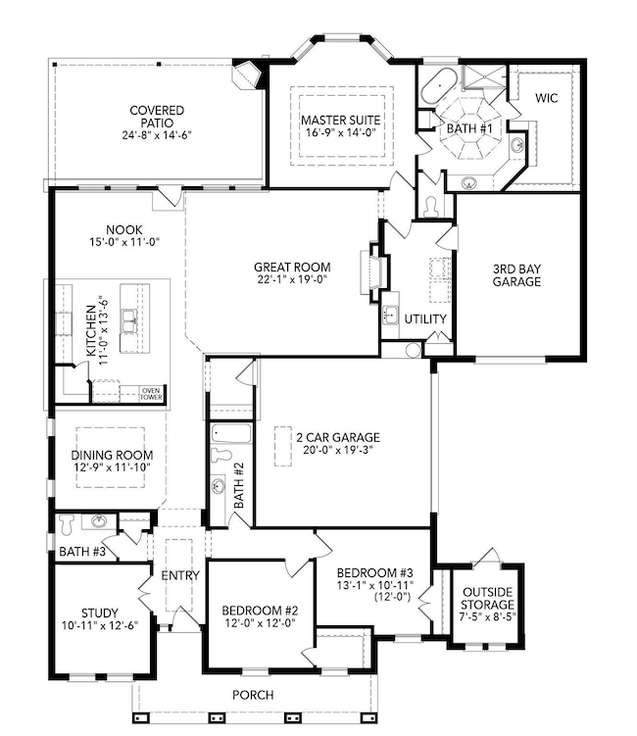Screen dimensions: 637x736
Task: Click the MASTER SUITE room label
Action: (341, 121)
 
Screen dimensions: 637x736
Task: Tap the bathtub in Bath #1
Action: (439, 86)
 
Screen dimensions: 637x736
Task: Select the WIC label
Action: (547, 98)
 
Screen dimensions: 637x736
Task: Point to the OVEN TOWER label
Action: (151, 394)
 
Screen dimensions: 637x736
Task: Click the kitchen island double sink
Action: (127, 321)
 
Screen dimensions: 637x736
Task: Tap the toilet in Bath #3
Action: (67, 524)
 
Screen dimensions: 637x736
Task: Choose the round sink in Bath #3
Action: (99, 521)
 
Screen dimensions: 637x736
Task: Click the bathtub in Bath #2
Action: (231, 433)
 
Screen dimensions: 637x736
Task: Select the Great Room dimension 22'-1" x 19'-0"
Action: (292, 279)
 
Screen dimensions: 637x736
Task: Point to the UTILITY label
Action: (425, 319)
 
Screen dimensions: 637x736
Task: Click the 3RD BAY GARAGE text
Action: (516, 275)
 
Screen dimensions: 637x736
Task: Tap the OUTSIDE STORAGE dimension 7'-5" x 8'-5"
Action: (487, 616)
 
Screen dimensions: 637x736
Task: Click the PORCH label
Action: (253, 695)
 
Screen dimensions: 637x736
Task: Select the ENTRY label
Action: (180, 575)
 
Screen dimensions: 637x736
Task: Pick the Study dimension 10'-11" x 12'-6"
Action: (100, 625)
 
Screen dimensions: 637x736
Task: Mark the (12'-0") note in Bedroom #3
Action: (392, 597)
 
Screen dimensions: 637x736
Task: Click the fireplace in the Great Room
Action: (374, 272)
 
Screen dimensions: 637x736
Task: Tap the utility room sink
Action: (390, 315)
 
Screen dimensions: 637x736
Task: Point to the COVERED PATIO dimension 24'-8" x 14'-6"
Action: (157, 135)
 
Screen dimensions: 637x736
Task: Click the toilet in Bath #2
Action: (221, 455)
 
